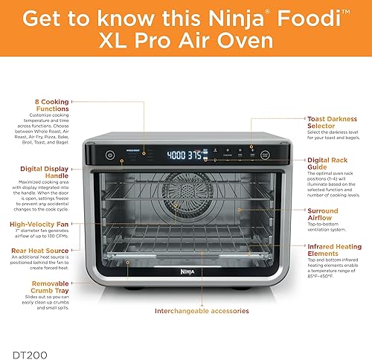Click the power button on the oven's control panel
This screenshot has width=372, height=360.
(x=110, y=155)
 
